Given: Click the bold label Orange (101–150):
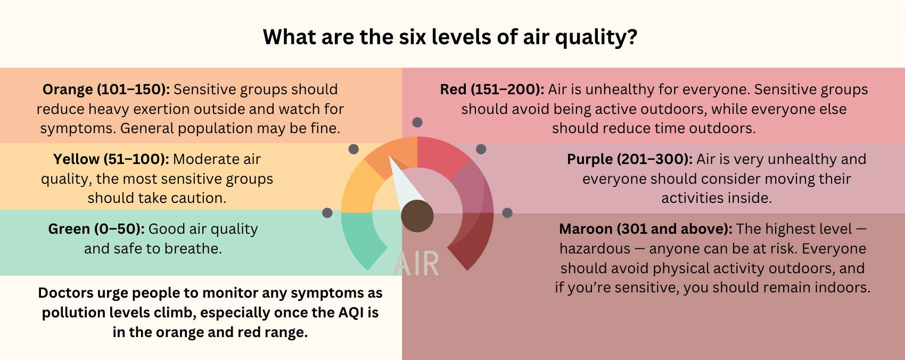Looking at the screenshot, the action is pyautogui.click(x=106, y=89).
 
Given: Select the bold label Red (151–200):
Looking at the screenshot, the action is pyautogui.click(x=492, y=89).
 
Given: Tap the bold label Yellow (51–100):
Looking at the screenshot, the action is pyautogui.click(x=111, y=160).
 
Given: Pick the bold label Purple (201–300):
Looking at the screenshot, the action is pyautogui.click(x=630, y=160).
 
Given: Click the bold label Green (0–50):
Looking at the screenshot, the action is pyautogui.click(x=96, y=230).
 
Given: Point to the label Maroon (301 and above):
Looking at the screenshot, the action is pyautogui.click(x=646, y=230).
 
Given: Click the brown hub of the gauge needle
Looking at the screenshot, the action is pyautogui.click(x=417, y=216).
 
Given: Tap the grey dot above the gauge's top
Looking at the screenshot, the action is pyautogui.click(x=417, y=122).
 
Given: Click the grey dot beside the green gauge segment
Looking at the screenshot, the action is pyautogui.click(x=327, y=213).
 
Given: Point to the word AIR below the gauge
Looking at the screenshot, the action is pyautogui.click(x=416, y=264).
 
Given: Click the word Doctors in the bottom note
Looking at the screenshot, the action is pyautogui.click(x=65, y=293).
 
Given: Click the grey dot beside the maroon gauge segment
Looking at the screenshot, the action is pyautogui.click(x=507, y=213).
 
